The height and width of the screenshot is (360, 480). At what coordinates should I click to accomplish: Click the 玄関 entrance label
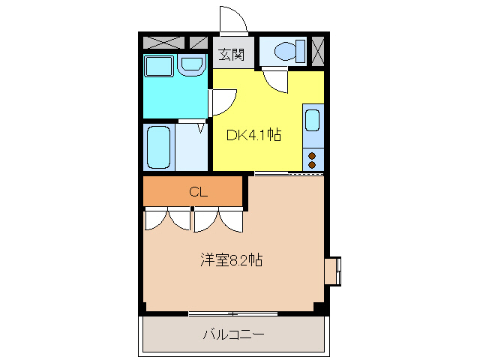click(232, 54)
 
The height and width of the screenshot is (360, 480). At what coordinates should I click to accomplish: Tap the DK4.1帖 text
click(254, 136)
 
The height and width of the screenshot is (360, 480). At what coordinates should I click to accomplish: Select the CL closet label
click(197, 192)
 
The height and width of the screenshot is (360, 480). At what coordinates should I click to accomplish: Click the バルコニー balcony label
click(232, 334)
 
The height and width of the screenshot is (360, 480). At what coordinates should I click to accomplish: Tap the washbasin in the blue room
click(193, 66)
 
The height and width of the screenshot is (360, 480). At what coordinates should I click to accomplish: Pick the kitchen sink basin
click(313, 120)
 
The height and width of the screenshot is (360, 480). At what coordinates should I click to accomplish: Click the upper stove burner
click(313, 155)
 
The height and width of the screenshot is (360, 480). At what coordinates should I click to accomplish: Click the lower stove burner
click(313, 164)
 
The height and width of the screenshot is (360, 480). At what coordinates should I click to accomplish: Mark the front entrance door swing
click(233, 19)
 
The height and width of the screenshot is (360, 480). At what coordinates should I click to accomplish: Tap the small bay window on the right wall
click(333, 271)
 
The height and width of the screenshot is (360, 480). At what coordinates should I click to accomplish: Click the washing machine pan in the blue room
click(160, 66)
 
